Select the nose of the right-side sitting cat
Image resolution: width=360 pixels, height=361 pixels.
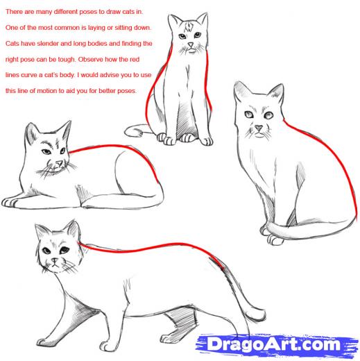tap(257, 128)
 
